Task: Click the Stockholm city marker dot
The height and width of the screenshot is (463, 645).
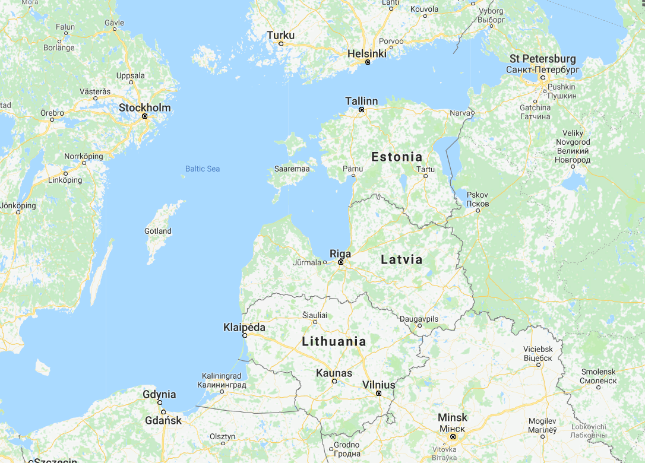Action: (144, 116)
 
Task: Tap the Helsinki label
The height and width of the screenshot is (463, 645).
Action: (366, 53)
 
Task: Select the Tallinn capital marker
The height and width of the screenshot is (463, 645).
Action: (361, 110)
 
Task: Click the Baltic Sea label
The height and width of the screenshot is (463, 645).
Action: (203, 169)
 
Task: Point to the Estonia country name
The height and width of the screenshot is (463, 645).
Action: (397, 157)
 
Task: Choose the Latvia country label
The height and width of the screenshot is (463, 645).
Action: (401, 259)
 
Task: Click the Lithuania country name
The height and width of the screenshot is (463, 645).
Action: (334, 341)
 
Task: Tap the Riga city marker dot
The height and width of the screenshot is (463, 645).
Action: (341, 262)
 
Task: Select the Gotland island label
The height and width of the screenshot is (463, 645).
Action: (158, 231)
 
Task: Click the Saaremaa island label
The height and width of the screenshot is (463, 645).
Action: (292, 169)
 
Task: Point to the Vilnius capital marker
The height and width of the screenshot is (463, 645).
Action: (378, 394)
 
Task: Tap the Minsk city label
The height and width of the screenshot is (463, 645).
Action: (453, 418)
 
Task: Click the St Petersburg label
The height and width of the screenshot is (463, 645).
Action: (543, 59)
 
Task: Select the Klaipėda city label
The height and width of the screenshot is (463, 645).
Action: (244, 327)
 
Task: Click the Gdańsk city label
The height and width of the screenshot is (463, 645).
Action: (163, 421)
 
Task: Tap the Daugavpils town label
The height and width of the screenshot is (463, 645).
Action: (419, 319)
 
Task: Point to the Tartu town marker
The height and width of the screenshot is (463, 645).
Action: (425, 176)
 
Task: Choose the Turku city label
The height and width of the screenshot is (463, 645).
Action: (280, 36)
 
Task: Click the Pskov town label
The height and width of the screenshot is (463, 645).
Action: (478, 195)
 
